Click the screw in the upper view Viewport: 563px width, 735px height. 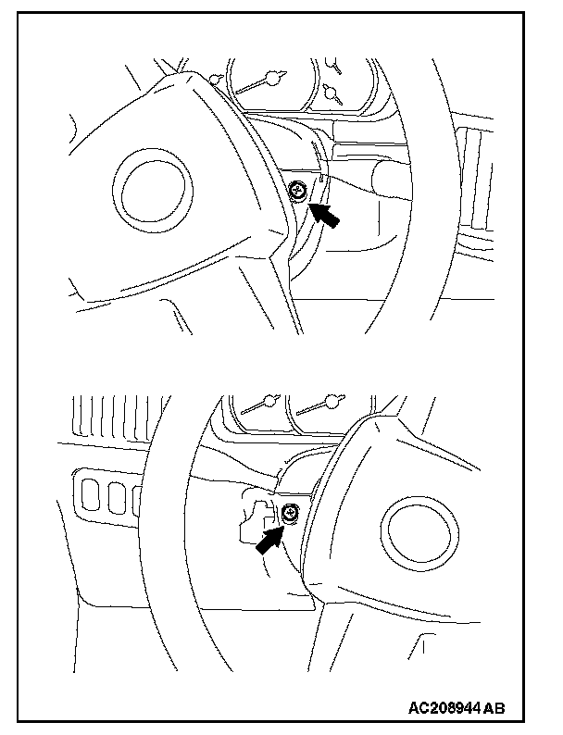point(299,193)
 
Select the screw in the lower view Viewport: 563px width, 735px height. point(290,511)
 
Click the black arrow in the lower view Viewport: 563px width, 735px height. point(268,538)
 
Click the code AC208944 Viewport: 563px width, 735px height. point(443,708)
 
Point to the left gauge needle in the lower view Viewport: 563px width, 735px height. point(259,406)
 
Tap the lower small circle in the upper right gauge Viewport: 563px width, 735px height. point(329,93)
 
